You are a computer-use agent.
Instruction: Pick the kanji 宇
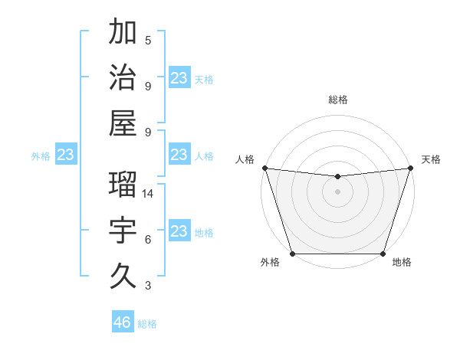pyautogui.click(x=123, y=231)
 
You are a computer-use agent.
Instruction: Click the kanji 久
pyautogui.click(x=123, y=276)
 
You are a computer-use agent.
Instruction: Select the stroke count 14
pyautogui.click(x=148, y=194)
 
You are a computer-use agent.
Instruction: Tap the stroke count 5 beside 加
pyautogui.click(x=148, y=41)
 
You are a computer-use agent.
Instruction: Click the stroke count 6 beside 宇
pyautogui.click(x=148, y=240)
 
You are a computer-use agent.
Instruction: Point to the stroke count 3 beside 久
pyautogui.click(x=148, y=286)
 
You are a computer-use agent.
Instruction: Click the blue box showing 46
pyautogui.click(x=123, y=322)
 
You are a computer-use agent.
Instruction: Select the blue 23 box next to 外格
pyautogui.click(x=65, y=155)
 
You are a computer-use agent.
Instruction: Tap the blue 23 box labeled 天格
pyautogui.click(x=179, y=78)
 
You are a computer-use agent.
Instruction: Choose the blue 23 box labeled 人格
pyautogui.click(x=179, y=155)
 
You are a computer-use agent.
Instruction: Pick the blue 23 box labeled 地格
pyautogui.click(x=179, y=231)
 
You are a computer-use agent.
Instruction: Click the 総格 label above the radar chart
pyautogui.click(x=337, y=100)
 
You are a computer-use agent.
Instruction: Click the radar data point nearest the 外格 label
pyautogui.click(x=292, y=254)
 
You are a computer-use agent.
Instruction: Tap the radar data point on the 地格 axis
pyautogui.click(x=383, y=254)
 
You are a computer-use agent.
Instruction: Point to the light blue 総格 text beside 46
pyautogui.click(x=147, y=324)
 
